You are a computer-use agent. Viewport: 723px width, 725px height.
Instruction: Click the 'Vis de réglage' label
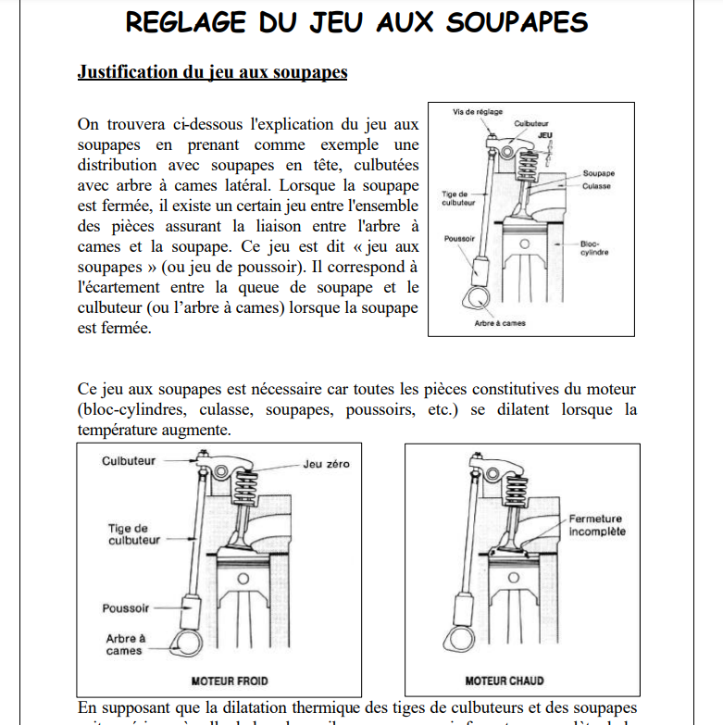[477, 112]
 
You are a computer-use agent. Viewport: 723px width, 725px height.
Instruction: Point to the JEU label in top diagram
[544, 133]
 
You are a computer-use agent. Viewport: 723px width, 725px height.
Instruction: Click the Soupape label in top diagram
[599, 173]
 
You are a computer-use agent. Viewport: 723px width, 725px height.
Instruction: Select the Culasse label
[597, 185]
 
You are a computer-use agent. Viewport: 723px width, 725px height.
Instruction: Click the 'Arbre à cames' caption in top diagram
[500, 323]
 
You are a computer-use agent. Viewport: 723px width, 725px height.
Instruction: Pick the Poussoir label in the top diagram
[460, 238]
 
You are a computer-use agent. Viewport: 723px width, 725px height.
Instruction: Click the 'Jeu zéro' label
[326, 464]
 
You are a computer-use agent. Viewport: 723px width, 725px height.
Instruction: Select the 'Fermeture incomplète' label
[596, 525]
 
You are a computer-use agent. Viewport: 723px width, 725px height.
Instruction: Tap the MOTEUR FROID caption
[229, 680]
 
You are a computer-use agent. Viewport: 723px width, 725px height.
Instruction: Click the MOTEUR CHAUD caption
[504, 680]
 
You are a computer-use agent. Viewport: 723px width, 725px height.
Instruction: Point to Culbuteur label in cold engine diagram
[129, 460]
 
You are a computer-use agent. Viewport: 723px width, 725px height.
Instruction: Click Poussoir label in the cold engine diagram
[126, 608]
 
